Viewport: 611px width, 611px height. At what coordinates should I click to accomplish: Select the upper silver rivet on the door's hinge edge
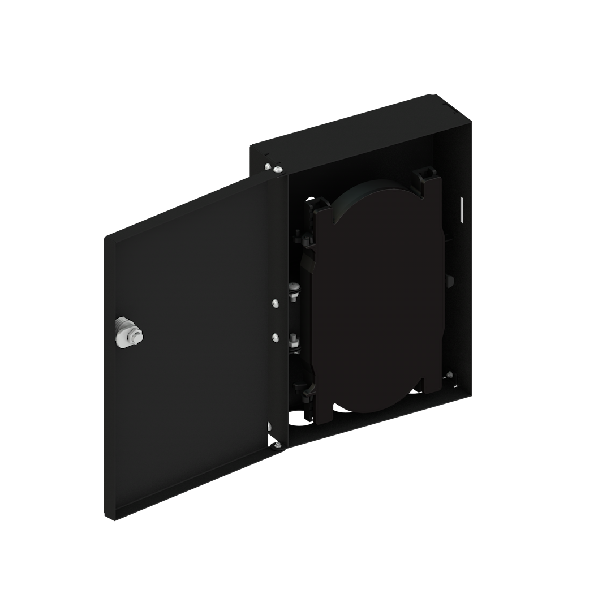(x=274, y=304)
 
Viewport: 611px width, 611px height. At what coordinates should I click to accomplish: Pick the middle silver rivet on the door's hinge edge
(x=275, y=338)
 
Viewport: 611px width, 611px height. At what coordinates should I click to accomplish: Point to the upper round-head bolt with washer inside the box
(x=293, y=289)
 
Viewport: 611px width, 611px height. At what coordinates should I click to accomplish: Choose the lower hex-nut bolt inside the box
(x=294, y=341)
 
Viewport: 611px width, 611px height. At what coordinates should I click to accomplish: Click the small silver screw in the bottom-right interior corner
(x=449, y=375)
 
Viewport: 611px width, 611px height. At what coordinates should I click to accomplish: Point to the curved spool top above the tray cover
(x=373, y=187)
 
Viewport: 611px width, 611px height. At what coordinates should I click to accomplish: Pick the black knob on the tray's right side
(x=450, y=281)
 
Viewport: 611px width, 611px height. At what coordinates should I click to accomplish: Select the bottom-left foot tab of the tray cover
(x=324, y=416)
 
